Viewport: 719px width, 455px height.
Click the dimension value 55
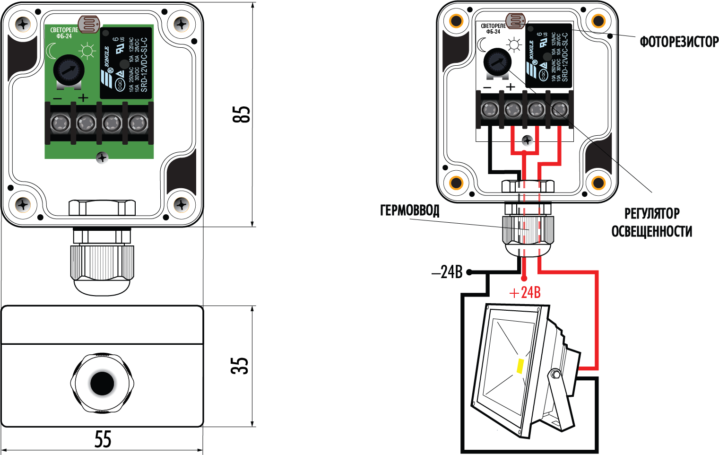click(x=103, y=439)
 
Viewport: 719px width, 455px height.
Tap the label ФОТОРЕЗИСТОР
click(x=679, y=42)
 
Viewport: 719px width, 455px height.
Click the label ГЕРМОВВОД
click(x=409, y=210)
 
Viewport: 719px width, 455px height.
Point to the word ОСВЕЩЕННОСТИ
click(x=651, y=232)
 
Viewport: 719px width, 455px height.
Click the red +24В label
click(x=525, y=293)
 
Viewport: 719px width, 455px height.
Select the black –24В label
click(x=447, y=272)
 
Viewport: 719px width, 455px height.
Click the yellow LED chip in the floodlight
click(x=520, y=366)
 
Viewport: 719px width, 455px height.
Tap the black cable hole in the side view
click(x=102, y=383)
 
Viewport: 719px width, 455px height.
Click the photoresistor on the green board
click(x=89, y=24)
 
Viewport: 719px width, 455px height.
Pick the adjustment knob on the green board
click(x=68, y=70)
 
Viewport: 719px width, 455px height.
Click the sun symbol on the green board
click(x=87, y=51)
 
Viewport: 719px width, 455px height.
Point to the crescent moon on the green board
click(x=51, y=50)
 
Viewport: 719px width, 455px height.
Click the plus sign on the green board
click(x=83, y=98)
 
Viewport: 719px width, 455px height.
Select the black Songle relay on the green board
click(x=126, y=63)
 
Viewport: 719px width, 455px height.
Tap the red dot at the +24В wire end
click(x=524, y=279)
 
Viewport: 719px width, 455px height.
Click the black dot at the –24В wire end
click(x=469, y=272)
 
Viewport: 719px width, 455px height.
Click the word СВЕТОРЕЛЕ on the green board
click(x=64, y=30)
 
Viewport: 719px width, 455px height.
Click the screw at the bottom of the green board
click(x=102, y=157)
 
